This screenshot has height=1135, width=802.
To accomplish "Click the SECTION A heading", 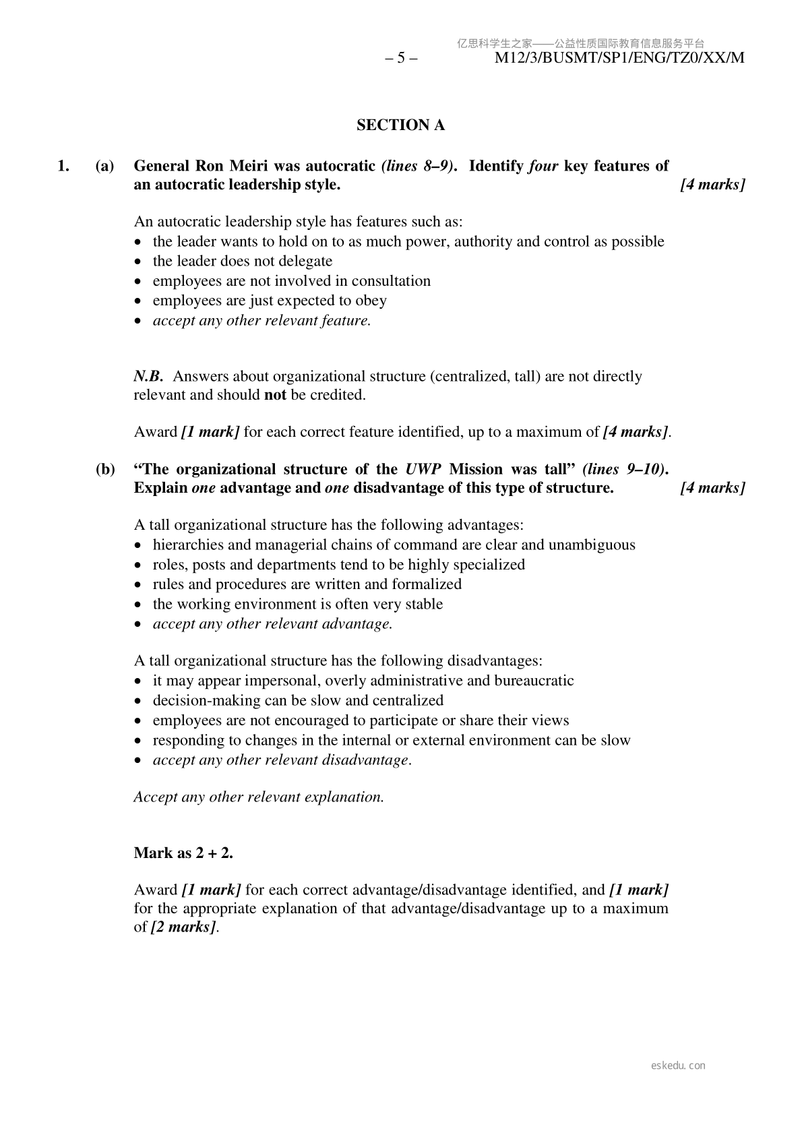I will [400, 125].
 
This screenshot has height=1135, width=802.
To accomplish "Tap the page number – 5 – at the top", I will [401, 58].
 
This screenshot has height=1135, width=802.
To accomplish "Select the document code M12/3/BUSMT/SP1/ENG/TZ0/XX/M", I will [619, 58].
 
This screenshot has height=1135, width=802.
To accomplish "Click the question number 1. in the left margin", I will [63, 166].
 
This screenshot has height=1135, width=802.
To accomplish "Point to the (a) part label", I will [104, 166].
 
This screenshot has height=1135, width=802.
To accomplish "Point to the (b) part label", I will [104, 469].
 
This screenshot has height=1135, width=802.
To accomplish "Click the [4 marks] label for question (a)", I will [712, 185].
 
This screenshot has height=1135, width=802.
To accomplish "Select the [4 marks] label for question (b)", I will [712, 488].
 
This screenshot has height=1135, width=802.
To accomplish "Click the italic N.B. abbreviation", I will [148, 376].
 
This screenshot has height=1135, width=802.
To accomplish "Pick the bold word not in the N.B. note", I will [275, 395].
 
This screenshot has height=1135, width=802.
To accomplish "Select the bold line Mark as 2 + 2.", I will [183, 853].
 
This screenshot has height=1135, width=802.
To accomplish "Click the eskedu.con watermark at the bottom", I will [679, 1066].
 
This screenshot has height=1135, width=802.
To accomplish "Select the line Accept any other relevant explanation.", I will [259, 797].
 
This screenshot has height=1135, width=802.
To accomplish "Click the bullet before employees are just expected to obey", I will [138, 301].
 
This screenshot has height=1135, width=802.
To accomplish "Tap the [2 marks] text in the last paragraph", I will [183, 927].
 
